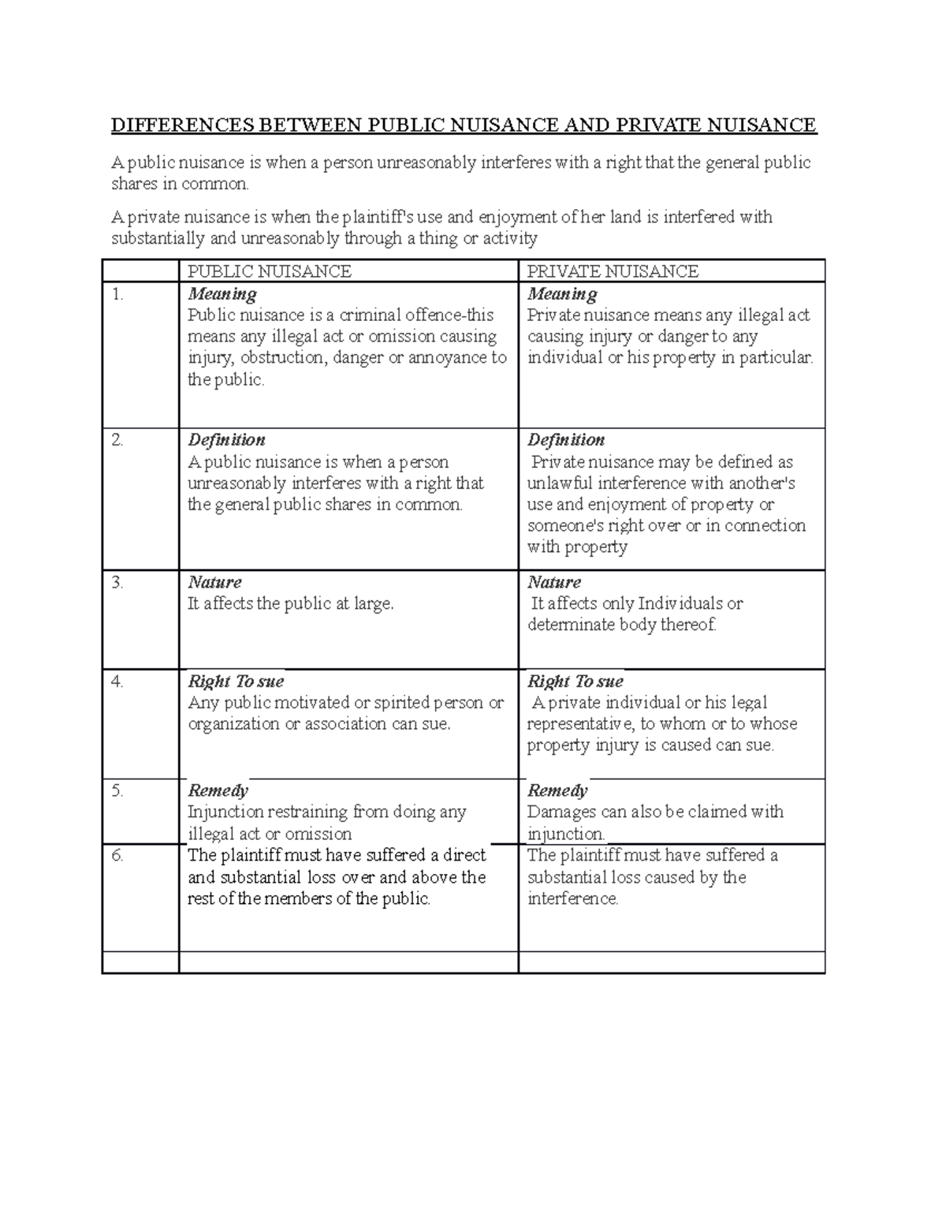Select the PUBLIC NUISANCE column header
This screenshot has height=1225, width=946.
(x=269, y=271)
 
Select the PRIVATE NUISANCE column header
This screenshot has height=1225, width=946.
(x=613, y=271)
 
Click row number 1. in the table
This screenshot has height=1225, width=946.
(x=118, y=294)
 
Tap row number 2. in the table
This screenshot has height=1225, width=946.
(x=118, y=440)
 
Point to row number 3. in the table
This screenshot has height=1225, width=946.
(x=118, y=583)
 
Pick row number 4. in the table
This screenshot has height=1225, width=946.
(x=118, y=682)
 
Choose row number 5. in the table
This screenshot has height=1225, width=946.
(x=118, y=790)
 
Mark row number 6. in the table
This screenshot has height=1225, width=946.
(x=118, y=855)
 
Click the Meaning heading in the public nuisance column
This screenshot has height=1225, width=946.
(x=222, y=294)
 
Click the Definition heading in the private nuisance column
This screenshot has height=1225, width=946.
(x=565, y=440)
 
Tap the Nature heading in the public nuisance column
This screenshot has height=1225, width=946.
(x=214, y=583)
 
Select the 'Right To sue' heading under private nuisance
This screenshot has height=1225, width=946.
(x=575, y=682)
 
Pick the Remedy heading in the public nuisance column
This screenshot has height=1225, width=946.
(x=218, y=790)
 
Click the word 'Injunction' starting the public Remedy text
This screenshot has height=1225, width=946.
(x=225, y=812)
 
